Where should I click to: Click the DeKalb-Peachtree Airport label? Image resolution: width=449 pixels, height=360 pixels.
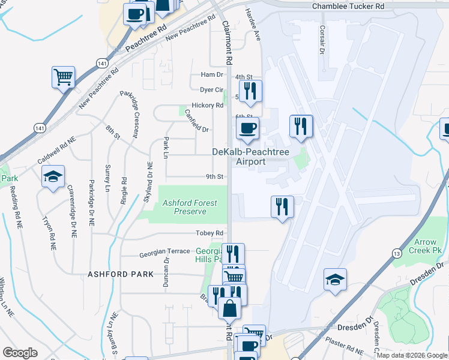[251, 157]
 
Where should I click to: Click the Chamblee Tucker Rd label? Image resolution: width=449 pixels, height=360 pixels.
[348, 6]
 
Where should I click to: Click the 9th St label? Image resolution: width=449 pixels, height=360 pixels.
[215, 177]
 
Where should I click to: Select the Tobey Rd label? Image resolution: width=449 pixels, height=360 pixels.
[209, 233]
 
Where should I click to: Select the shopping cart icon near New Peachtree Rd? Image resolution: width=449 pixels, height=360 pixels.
[63, 77]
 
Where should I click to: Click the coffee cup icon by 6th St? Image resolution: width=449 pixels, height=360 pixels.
[247, 128]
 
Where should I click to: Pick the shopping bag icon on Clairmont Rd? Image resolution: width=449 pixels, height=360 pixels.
[229, 309]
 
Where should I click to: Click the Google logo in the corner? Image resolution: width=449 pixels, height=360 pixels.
[20, 353]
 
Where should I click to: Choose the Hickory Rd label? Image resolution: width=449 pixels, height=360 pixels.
[211, 105]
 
